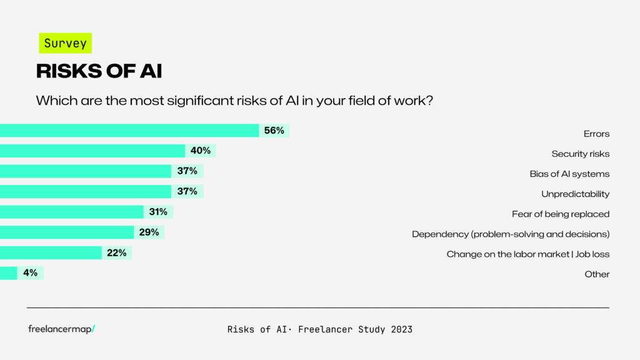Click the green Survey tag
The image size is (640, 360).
point(65,43)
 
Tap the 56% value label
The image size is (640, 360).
point(274,131)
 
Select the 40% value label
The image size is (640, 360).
point(201,151)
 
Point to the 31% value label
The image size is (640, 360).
point(158,212)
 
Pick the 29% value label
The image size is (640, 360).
point(149,232)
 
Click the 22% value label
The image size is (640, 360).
point(117,252)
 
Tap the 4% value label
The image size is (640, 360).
point(31,273)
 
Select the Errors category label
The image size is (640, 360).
point(596,134)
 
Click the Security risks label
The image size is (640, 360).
point(580,154)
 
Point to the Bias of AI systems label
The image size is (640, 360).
point(569,174)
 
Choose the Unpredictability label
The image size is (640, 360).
point(575,194)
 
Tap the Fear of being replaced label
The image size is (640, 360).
point(560,214)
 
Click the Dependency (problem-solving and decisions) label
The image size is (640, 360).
point(510,234)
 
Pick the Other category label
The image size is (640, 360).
point(597,274)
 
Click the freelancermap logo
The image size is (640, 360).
point(61,329)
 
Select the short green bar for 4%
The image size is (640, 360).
point(8,273)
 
